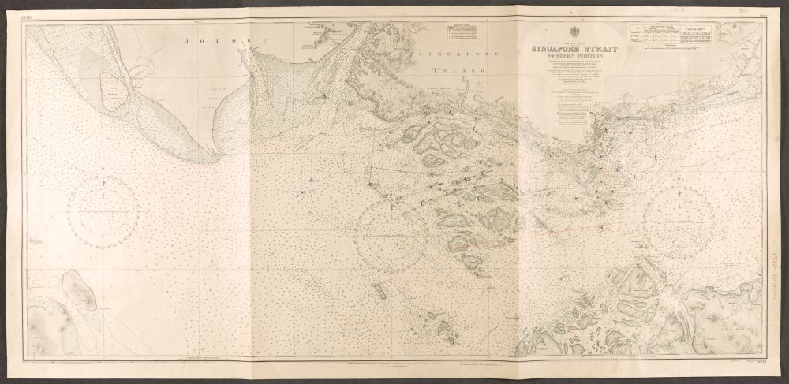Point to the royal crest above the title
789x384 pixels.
pyautogui.click(x=570, y=35)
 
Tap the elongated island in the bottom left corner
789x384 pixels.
pyautogui.click(x=79, y=296)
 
